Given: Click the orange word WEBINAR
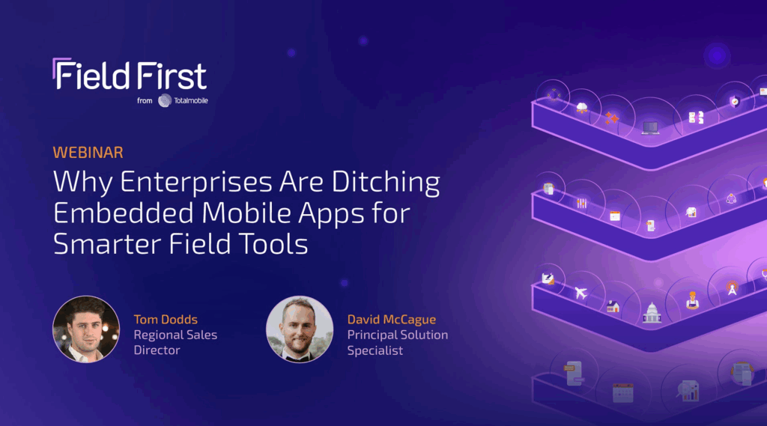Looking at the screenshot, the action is [x=88, y=153].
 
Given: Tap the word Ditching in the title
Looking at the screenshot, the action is [x=386, y=183].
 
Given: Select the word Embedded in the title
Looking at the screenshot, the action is [x=124, y=213].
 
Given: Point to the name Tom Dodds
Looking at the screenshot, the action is [x=166, y=320].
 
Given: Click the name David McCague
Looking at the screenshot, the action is [x=391, y=320].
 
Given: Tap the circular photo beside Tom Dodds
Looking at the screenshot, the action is [x=86, y=329].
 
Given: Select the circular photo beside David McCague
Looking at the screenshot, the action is [x=300, y=329].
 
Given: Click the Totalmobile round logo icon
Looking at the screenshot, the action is [x=164, y=100].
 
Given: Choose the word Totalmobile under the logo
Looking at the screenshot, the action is [x=191, y=101].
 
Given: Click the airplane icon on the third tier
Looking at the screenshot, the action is [x=581, y=293].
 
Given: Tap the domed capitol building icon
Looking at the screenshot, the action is [x=652, y=312].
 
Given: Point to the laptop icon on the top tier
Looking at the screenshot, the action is [x=650, y=128].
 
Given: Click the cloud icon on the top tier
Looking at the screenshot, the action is [x=581, y=108].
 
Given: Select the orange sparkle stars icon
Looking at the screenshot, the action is [x=611, y=118].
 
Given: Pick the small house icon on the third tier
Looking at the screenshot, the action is [x=613, y=307].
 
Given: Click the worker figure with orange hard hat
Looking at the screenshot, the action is [x=692, y=299].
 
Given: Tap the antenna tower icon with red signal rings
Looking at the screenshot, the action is [x=732, y=288].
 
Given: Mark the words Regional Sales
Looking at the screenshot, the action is [x=175, y=335].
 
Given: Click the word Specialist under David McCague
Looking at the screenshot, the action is [x=375, y=350].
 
